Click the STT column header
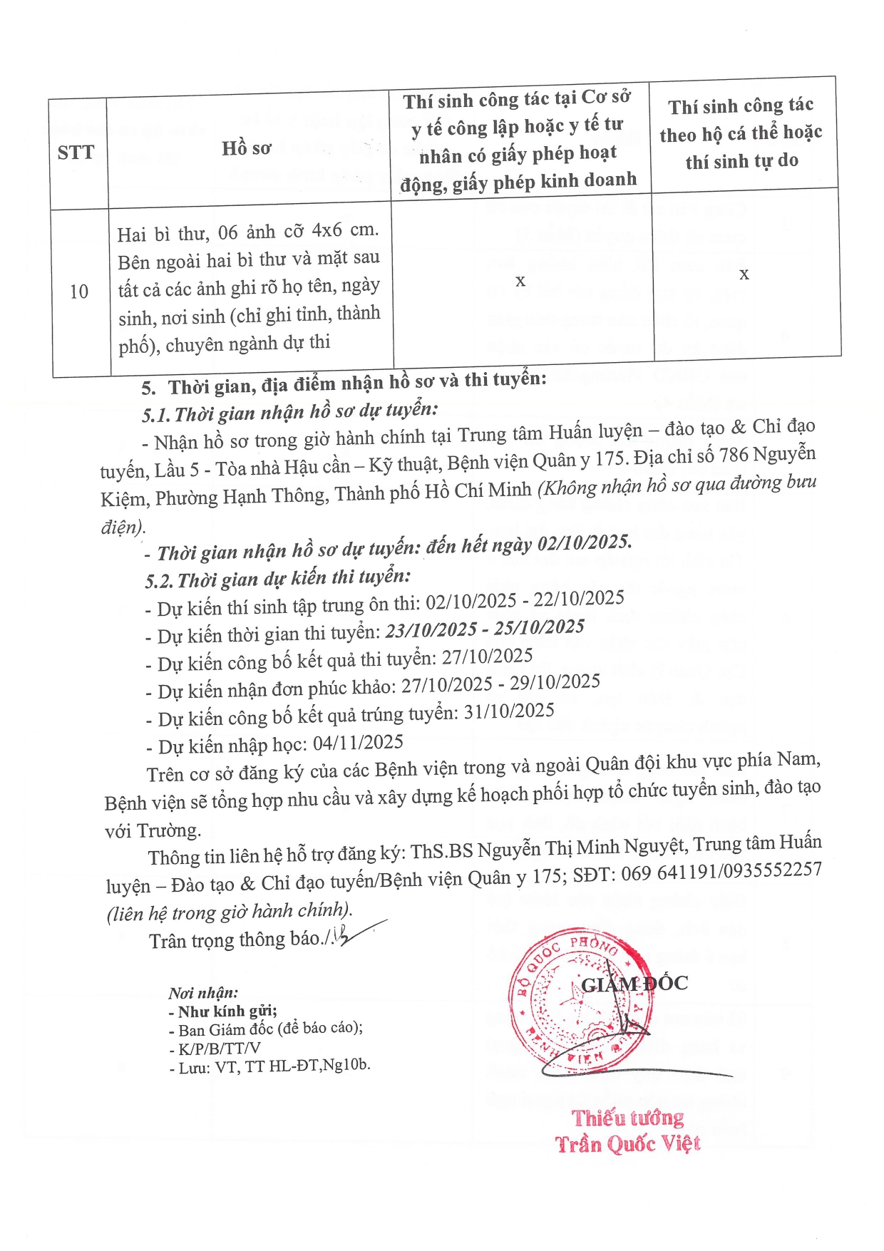click(76, 153)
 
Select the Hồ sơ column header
click(246, 148)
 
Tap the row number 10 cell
click(79, 292)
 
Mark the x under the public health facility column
click(520, 281)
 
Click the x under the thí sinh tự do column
click(744, 274)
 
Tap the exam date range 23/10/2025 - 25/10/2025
click(485, 629)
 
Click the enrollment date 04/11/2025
click(358, 743)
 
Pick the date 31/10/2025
click(508, 711)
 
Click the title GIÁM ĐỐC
click(634, 984)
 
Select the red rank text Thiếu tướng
click(627, 1118)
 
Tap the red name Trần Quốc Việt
click(627, 1144)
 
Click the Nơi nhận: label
click(203, 993)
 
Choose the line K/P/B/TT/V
click(215, 1049)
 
